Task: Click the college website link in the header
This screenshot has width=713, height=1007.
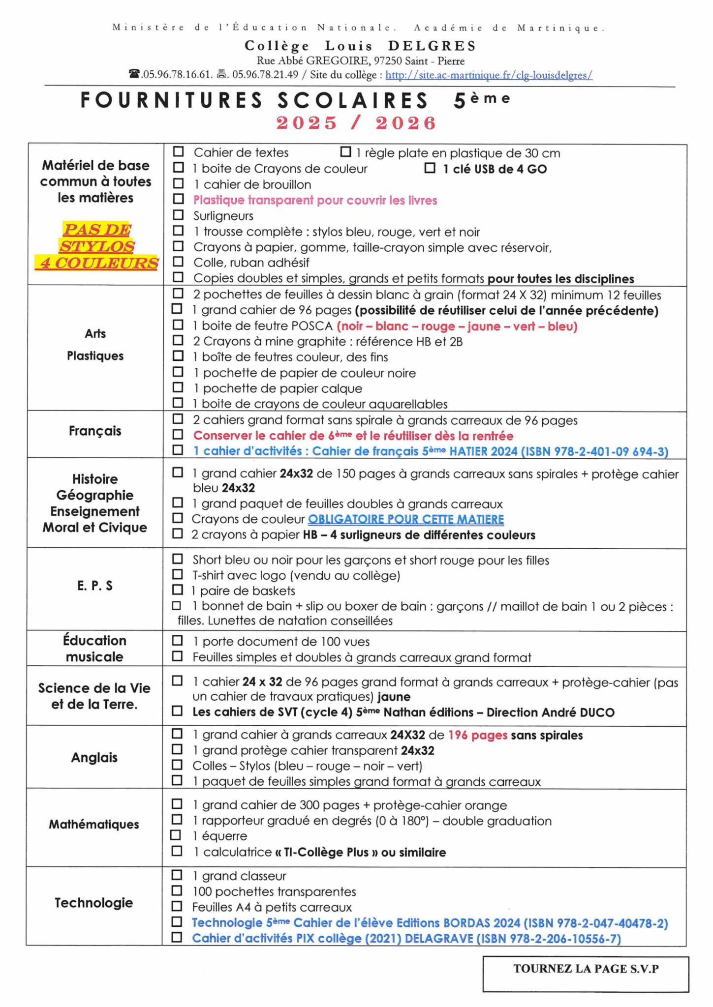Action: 489,75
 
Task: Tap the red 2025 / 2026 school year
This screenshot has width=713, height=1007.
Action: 356,123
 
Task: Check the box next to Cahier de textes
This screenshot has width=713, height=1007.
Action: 178,152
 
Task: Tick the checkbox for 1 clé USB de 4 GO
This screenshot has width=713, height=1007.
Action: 430,168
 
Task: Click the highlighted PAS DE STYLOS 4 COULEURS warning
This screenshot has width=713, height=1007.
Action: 96,246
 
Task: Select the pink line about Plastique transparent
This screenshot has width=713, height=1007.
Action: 315,200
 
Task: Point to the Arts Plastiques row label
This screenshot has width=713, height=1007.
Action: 95,344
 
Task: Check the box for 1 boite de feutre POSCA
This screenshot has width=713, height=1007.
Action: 177,325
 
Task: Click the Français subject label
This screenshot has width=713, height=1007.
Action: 95,431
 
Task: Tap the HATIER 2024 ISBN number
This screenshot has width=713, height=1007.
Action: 595,451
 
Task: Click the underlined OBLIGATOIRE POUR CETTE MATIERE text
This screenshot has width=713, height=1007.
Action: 406,519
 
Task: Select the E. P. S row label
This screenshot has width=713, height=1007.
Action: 95,586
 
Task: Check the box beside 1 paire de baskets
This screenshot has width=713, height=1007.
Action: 177,590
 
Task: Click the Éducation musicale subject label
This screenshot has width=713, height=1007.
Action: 94,649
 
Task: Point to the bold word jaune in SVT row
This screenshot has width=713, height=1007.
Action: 394,697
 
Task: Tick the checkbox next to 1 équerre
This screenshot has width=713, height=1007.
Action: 176,835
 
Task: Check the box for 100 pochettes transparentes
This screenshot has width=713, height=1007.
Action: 177,890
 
